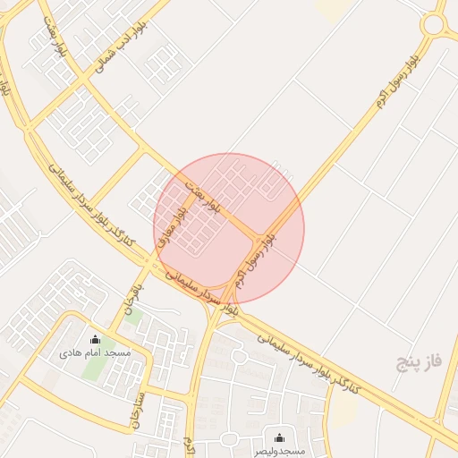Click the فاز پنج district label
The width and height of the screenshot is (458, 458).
pyautogui.click(x=420, y=362)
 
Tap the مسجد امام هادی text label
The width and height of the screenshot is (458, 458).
pyautogui.click(x=95, y=353)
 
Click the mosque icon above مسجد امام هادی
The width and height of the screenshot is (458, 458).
pyautogui.click(x=96, y=339)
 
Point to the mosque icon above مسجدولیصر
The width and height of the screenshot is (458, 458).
pyautogui.click(x=278, y=437)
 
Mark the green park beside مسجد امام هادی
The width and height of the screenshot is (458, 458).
pyautogui.click(x=93, y=368)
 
